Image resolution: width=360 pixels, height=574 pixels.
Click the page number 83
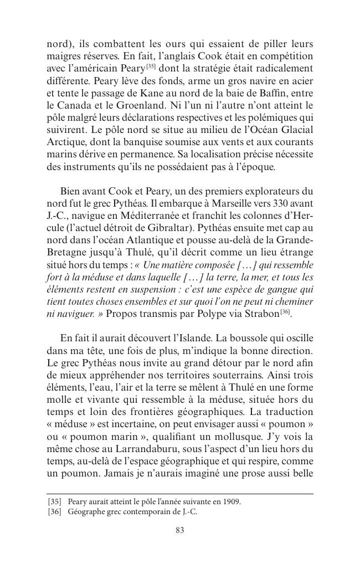(x=179, y=530)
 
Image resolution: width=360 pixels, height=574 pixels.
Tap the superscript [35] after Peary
(x=150, y=66)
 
